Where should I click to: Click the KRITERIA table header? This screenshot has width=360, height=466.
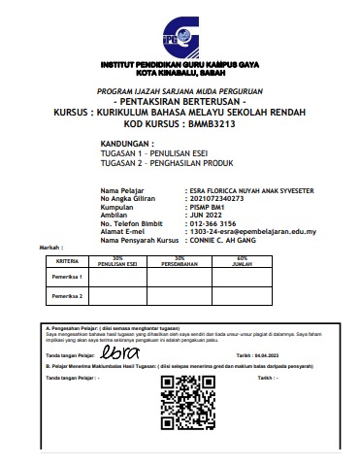[67, 261]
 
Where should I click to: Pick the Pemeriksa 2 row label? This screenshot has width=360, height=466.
[67, 295]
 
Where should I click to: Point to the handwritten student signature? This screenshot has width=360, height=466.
[122, 356]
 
